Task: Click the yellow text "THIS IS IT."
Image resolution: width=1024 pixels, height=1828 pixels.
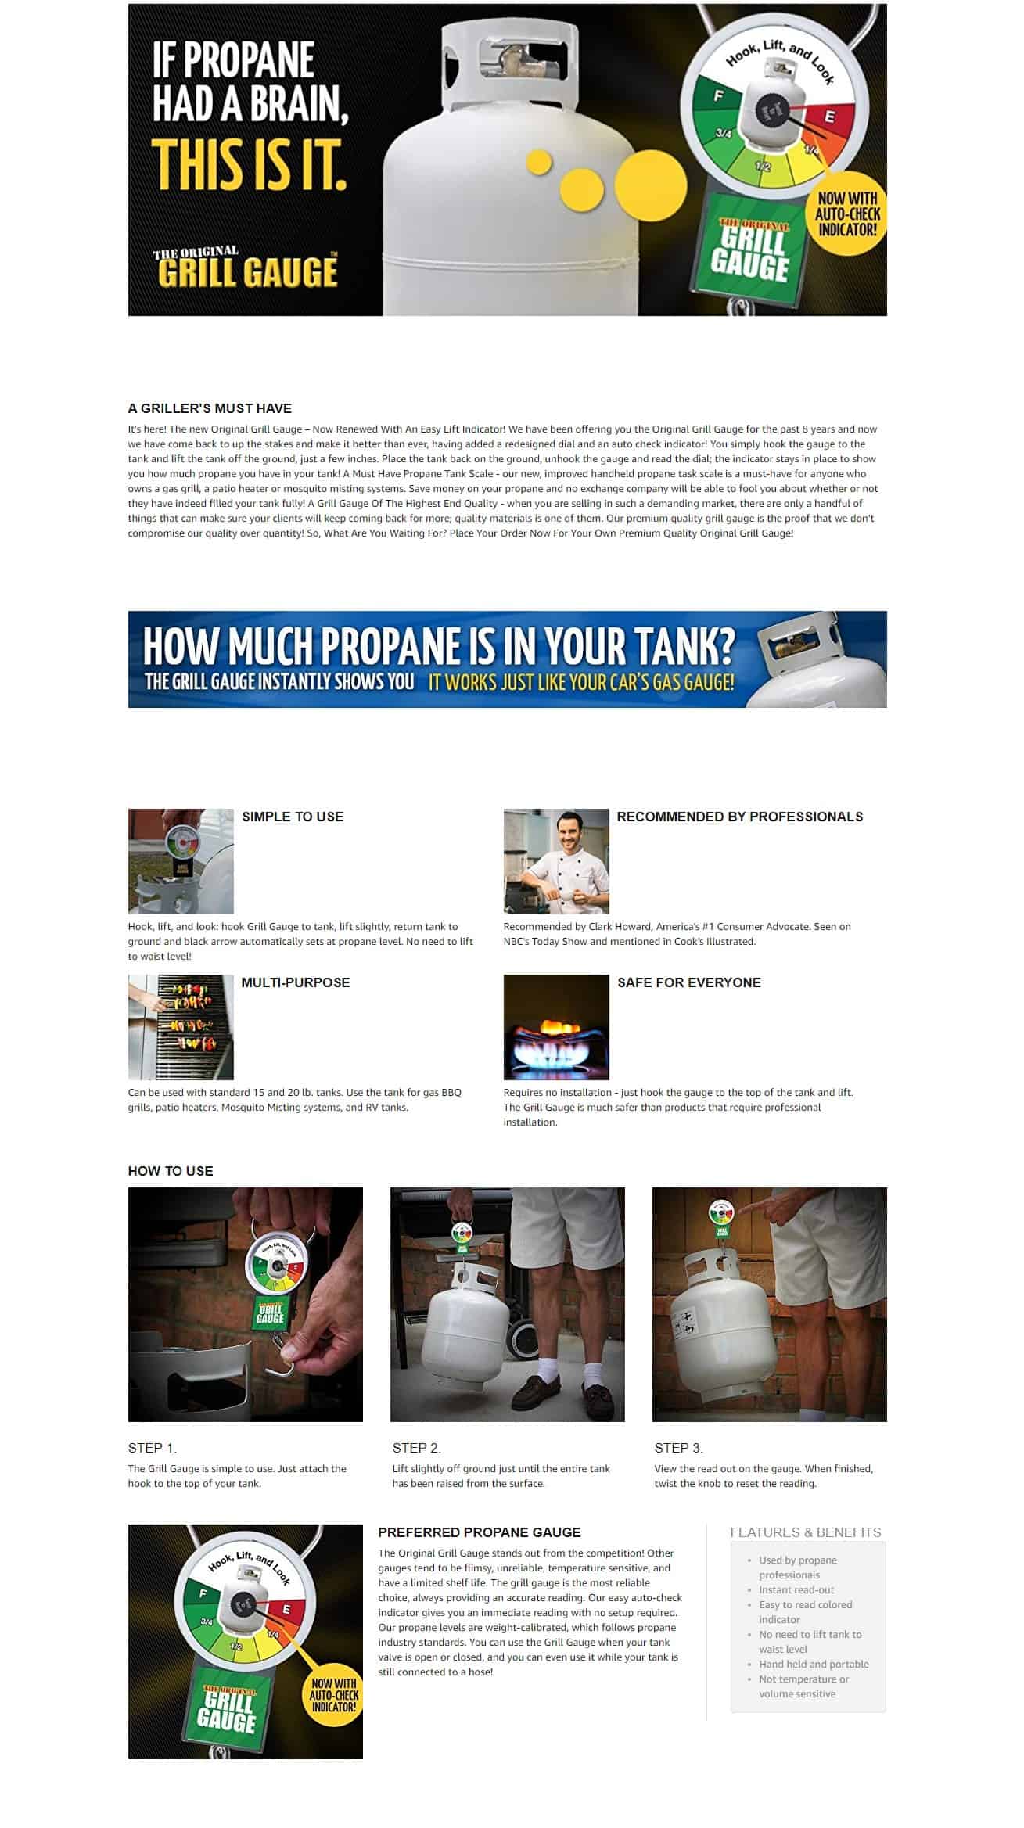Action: pyautogui.click(x=249, y=166)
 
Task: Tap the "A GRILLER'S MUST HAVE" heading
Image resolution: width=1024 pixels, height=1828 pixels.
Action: pyautogui.click(x=210, y=408)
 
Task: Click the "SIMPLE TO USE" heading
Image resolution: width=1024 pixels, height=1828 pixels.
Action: pyautogui.click(x=293, y=817)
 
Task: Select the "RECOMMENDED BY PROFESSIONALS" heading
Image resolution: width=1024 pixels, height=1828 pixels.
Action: pyautogui.click(x=740, y=817)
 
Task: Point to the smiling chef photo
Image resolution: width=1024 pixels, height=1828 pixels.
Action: pyautogui.click(x=556, y=861)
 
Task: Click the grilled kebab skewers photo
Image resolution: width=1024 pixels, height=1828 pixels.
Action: pyautogui.click(x=181, y=1027)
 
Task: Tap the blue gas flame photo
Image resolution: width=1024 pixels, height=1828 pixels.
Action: pyautogui.click(x=556, y=1027)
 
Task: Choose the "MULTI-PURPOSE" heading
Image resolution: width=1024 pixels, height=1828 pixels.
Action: pyautogui.click(x=296, y=982)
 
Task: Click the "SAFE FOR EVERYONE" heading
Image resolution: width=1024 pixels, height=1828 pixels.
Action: pyautogui.click(x=689, y=982)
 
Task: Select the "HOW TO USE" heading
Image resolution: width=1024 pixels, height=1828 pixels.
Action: pyautogui.click(x=171, y=1171)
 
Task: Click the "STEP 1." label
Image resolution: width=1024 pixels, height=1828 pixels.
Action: pyautogui.click(x=153, y=1448)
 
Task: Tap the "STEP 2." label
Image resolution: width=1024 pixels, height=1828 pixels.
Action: pyautogui.click(x=417, y=1448)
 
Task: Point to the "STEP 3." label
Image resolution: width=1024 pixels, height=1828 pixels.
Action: pyautogui.click(x=679, y=1448)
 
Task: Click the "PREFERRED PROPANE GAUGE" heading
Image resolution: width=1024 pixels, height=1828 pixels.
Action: pyautogui.click(x=480, y=1532)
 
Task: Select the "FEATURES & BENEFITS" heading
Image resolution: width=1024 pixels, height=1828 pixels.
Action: pyautogui.click(x=806, y=1532)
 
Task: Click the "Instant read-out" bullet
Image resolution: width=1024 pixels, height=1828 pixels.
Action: pyautogui.click(x=796, y=1589)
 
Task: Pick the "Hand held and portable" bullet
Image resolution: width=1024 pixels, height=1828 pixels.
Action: pyautogui.click(x=814, y=1664)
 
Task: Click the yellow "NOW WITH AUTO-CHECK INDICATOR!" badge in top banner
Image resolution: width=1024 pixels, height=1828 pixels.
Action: pyautogui.click(x=847, y=214)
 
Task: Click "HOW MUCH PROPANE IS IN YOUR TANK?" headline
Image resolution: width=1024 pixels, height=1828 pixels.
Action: pyautogui.click(x=439, y=646)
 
